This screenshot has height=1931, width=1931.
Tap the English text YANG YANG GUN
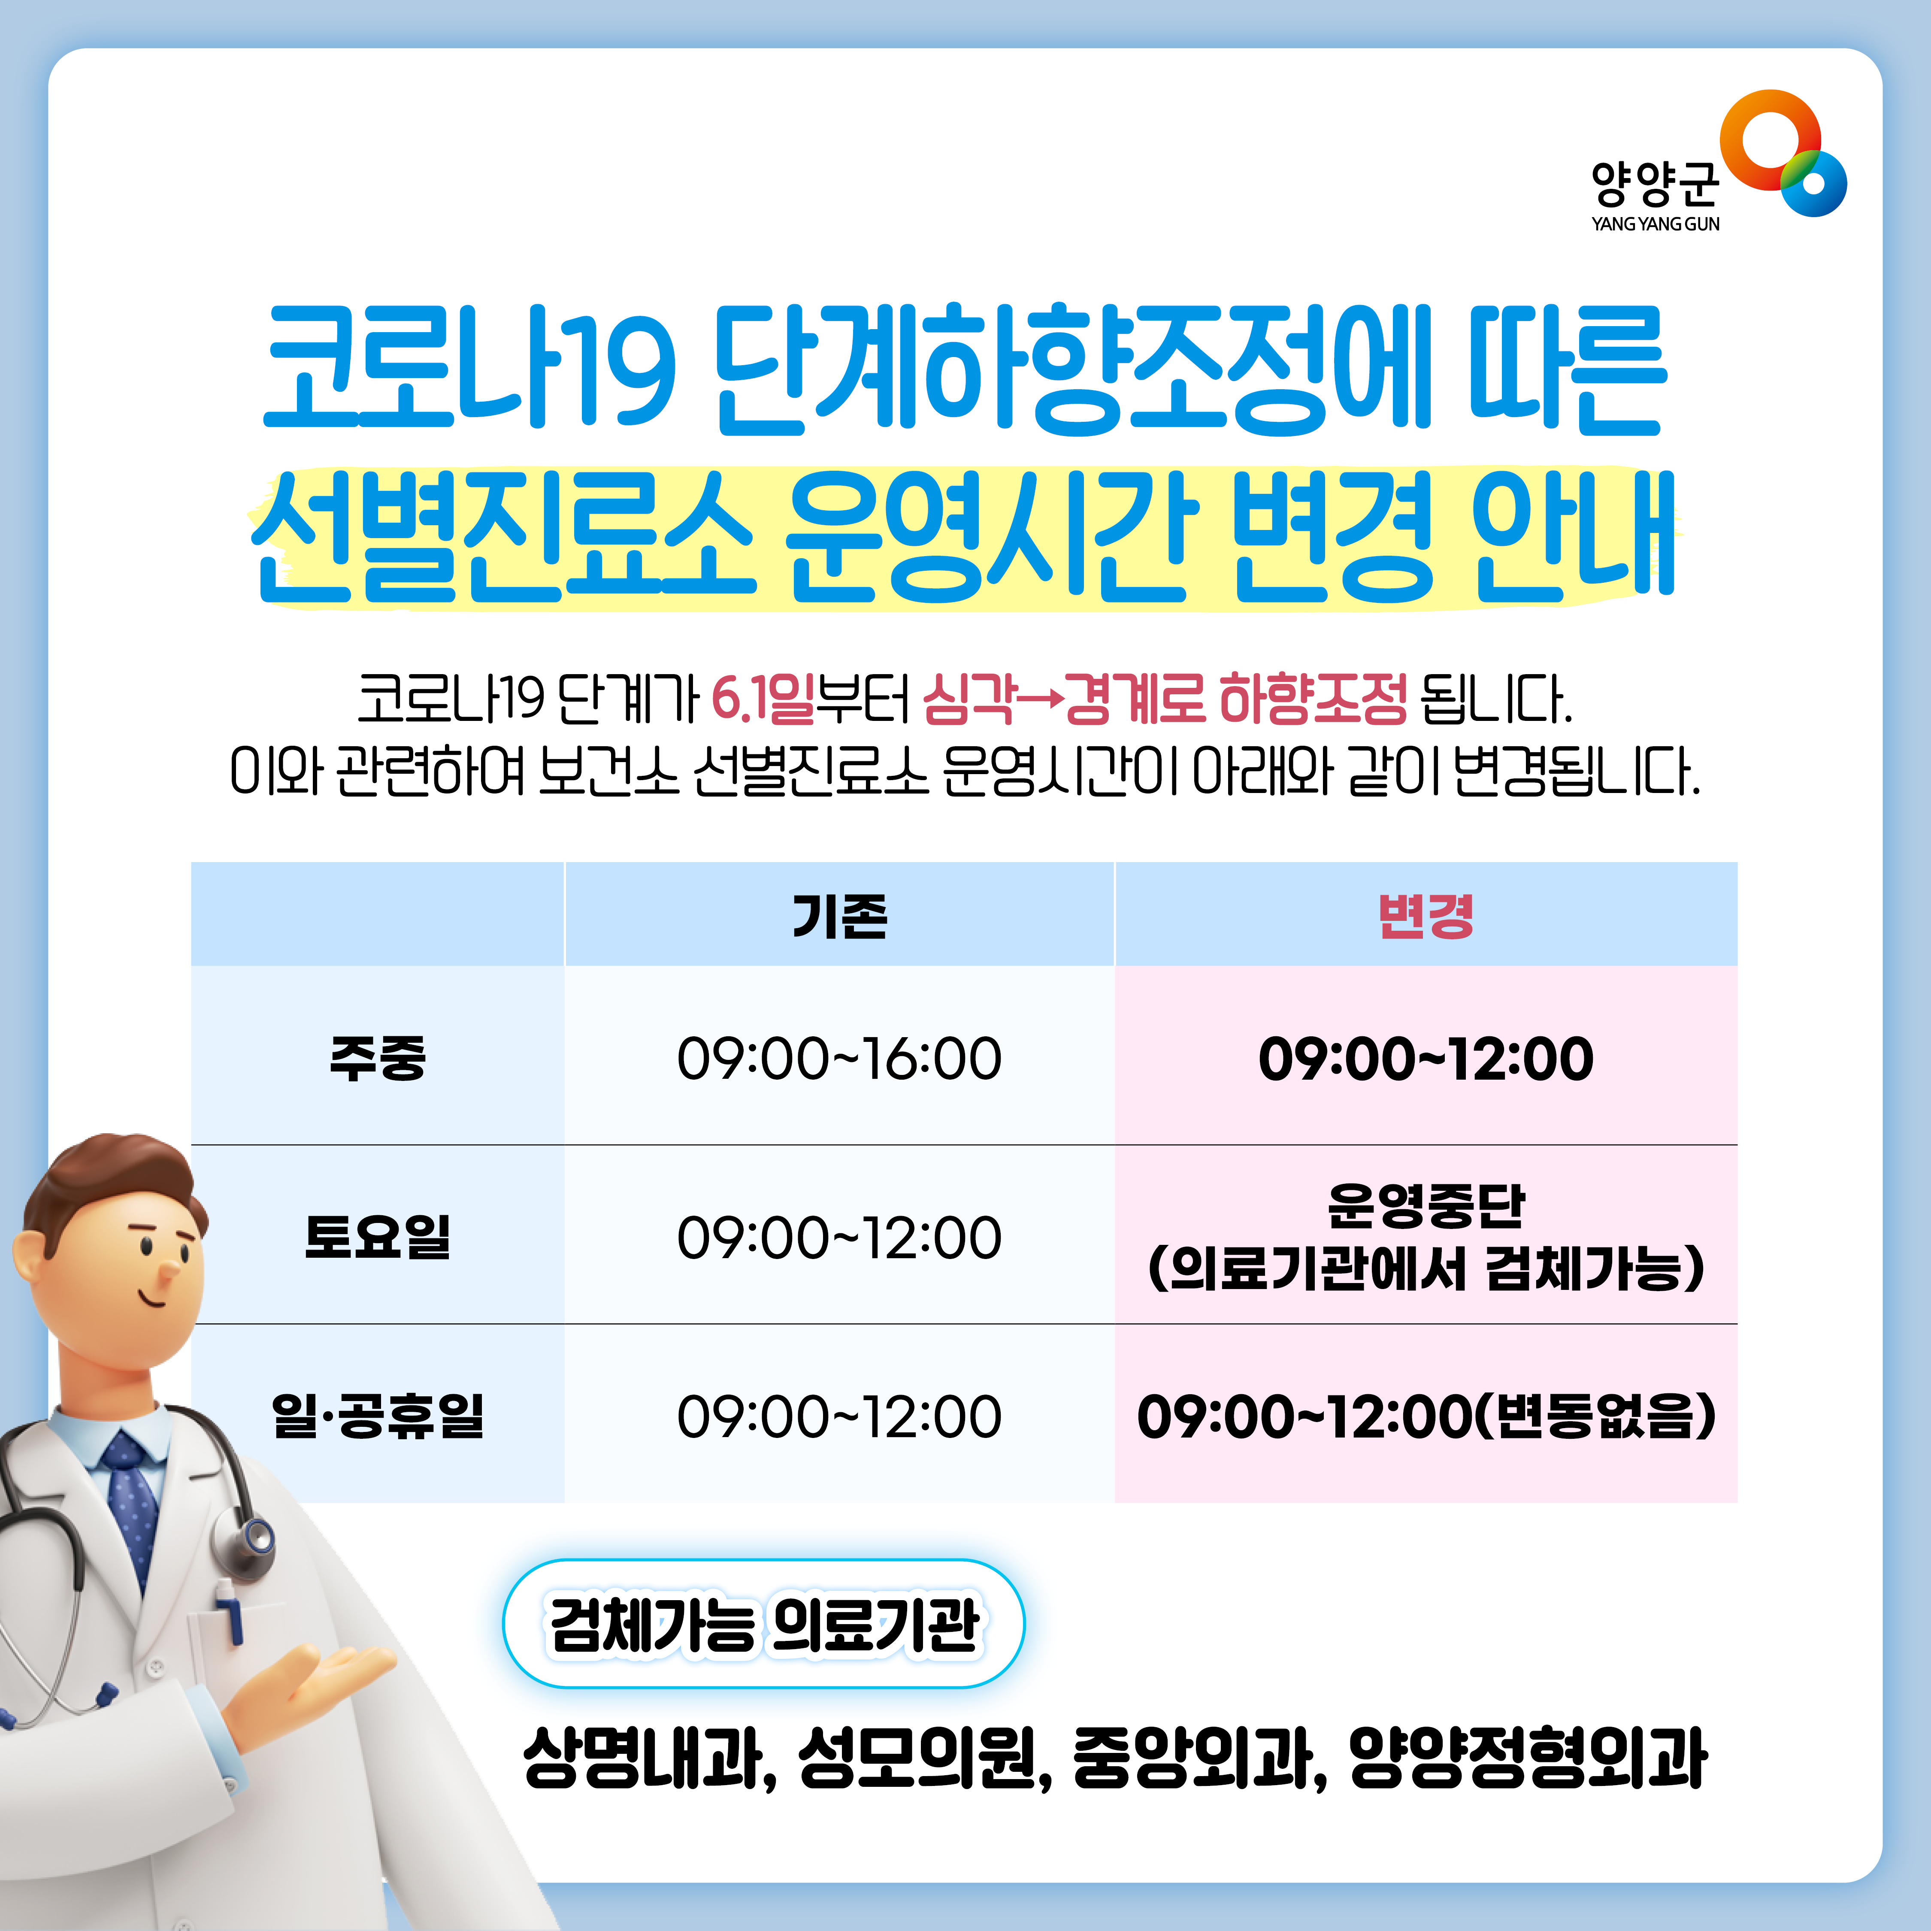coord(1655,224)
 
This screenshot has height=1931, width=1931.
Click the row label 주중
coord(378,1057)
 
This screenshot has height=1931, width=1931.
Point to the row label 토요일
coord(378,1236)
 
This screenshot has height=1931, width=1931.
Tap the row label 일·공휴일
coord(378,1415)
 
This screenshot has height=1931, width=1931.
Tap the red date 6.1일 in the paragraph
coord(763,698)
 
